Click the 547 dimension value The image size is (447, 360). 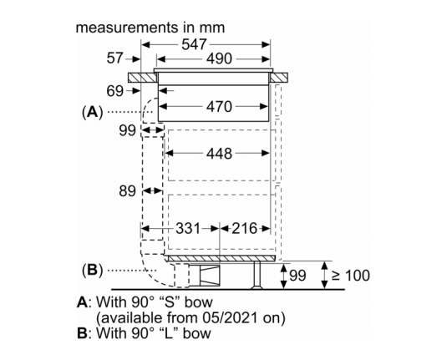click(x=194, y=44)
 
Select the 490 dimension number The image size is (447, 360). click(x=219, y=58)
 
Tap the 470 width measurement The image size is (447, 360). click(x=219, y=107)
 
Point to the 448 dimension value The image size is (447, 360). click(x=219, y=154)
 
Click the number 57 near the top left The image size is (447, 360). click(x=115, y=58)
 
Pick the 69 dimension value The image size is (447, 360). click(x=115, y=91)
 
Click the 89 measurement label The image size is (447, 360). click(x=127, y=191)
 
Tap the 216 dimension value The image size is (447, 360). click(x=244, y=228)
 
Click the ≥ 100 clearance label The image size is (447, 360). click(x=351, y=276)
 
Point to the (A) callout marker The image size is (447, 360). click(x=92, y=112)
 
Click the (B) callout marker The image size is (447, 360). click(x=92, y=270)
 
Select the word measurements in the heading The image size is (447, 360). click(x=126, y=28)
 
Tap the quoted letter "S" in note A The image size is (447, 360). click(x=169, y=302)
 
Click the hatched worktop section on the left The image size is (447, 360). click(x=142, y=78)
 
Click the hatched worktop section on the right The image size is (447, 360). click(x=278, y=78)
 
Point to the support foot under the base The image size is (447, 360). click(x=257, y=275)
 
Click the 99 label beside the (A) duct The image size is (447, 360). click(x=127, y=131)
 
